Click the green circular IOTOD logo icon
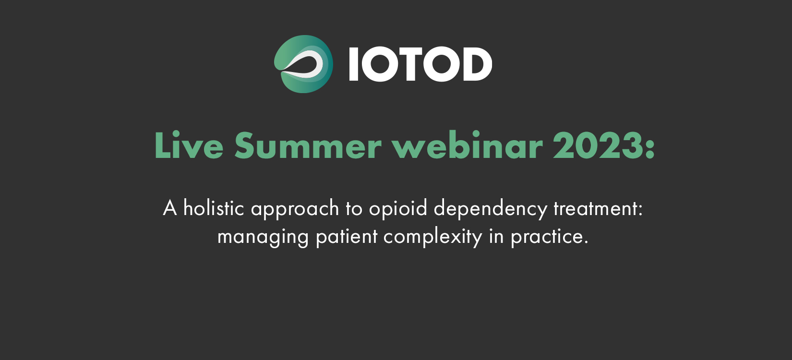click(303, 64)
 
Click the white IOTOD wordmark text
click(420, 64)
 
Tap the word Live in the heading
click(189, 145)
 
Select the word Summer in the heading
click(308, 145)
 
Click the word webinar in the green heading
click(468, 145)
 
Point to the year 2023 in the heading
click(598, 145)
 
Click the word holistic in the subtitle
click(214, 207)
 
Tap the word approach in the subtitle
click(295, 209)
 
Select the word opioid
click(398, 209)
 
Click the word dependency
click(491, 209)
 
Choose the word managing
click(263, 238)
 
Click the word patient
click(347, 238)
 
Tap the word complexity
click(433, 238)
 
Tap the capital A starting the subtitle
click(170, 208)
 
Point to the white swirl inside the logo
click(304, 64)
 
